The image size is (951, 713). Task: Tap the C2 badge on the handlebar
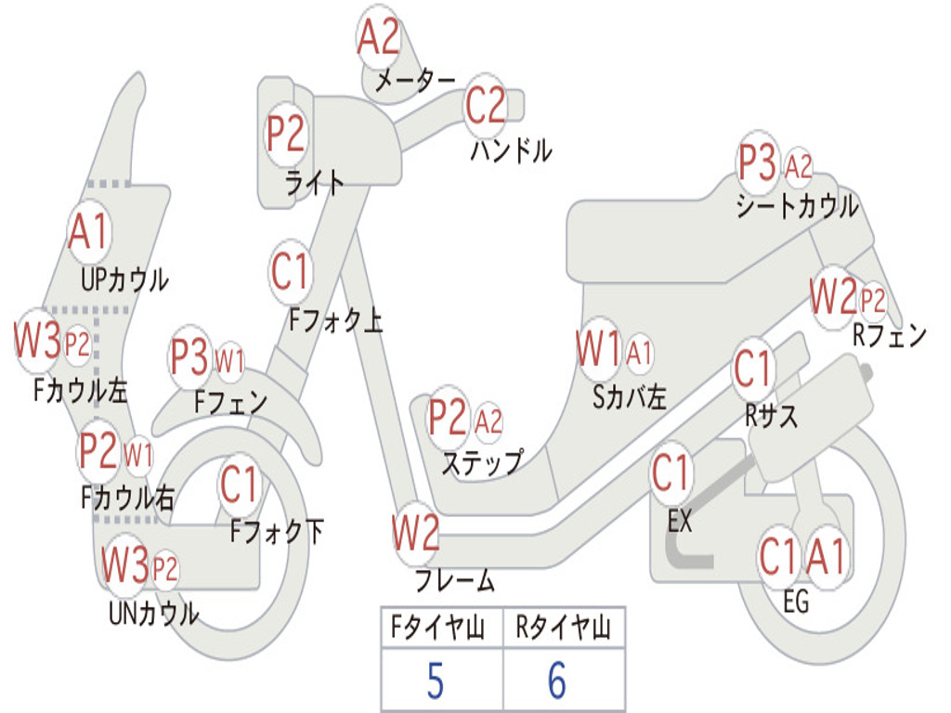[486, 105]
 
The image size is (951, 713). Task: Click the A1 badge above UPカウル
[89, 232]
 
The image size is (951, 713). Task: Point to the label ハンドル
[511, 149]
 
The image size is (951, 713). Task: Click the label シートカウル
[797, 206]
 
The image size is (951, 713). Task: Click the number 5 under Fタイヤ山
[435, 681]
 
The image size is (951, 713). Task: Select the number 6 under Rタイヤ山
[556, 681]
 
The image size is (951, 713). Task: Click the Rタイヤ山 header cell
[564, 631]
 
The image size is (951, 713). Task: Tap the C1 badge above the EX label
[671, 473]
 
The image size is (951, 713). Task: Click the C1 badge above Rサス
[752, 369]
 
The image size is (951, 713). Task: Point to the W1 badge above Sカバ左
[598, 351]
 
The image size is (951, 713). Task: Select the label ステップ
[482, 461]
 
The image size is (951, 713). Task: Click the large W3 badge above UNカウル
[125, 564]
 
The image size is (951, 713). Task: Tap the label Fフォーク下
[277, 532]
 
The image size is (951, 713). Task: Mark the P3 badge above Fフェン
[190, 357]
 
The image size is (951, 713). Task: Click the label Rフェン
[889, 336]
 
